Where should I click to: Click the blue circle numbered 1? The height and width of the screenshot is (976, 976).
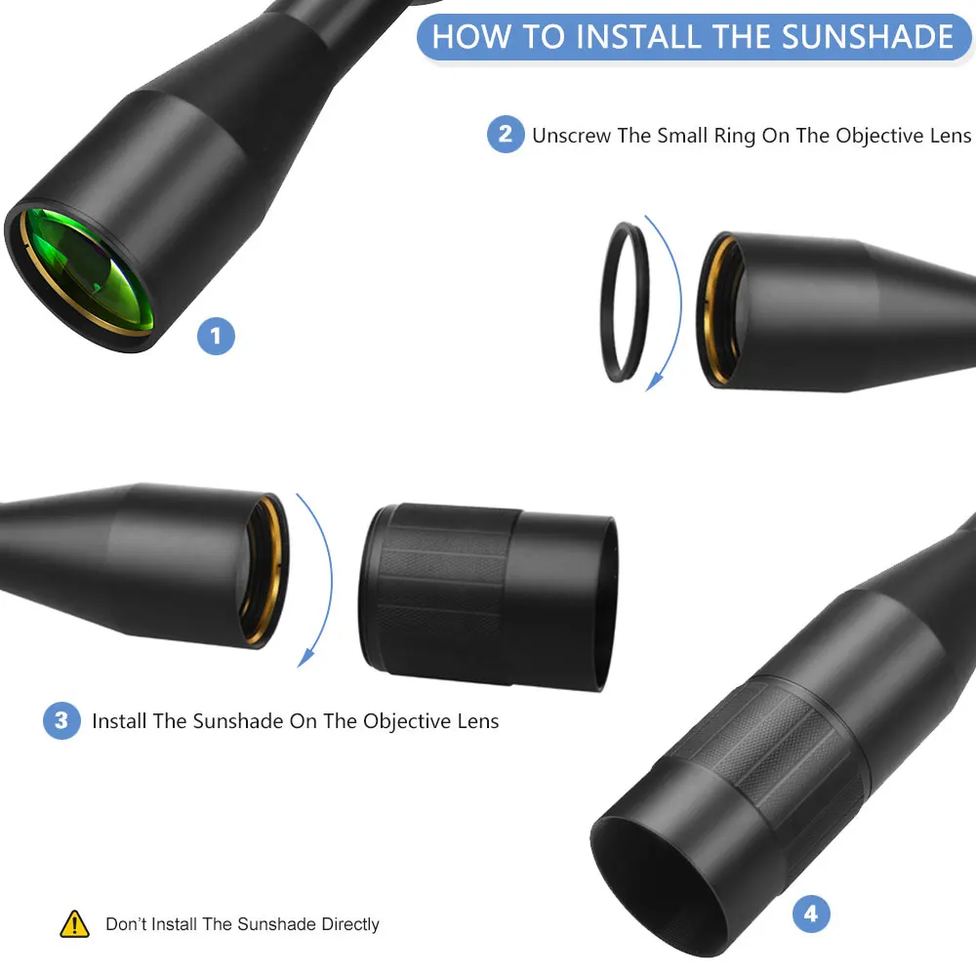[216, 336]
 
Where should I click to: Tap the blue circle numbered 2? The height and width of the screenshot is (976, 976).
[506, 134]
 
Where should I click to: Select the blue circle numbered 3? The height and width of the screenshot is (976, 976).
[61, 721]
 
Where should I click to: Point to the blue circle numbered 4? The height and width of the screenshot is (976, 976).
[811, 914]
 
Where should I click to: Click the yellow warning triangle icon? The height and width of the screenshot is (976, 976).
[75, 924]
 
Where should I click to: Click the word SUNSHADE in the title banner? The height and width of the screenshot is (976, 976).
[867, 36]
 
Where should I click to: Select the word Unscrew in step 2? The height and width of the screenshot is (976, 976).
[571, 135]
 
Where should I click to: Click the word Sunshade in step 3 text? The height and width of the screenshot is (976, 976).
[238, 721]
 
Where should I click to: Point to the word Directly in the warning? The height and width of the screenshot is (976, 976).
[350, 924]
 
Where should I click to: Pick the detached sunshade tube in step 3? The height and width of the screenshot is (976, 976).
[489, 596]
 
